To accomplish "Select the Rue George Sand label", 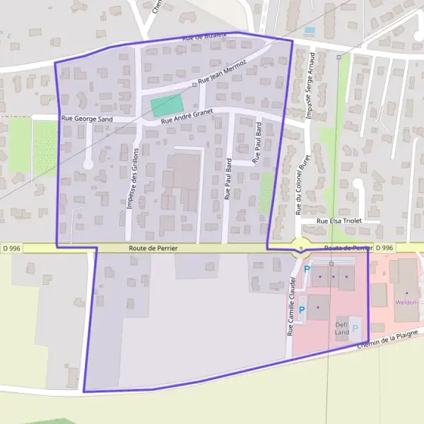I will (x=87, y=119).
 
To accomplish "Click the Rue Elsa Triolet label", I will (x=339, y=221).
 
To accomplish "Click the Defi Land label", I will (x=342, y=327).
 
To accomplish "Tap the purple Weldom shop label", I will (x=407, y=302).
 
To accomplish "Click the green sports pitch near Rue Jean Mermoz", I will (x=167, y=106).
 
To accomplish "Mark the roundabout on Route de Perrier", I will (x=301, y=248).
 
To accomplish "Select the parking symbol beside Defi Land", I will (x=355, y=329).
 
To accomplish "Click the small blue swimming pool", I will (x=310, y=31).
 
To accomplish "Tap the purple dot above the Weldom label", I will (x=407, y=293).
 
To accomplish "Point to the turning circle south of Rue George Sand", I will (x=88, y=165).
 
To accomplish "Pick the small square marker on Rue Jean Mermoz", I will (x=194, y=84).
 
